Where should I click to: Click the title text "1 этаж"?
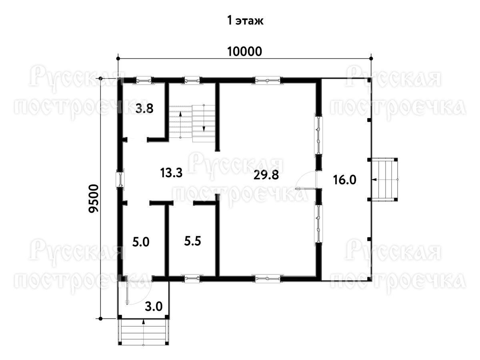coord(245,21)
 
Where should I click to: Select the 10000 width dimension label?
coord(244,52)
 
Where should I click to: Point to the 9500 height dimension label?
coord(94,198)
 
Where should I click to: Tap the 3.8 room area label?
coord(144,109)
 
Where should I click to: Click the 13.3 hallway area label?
coord(171,173)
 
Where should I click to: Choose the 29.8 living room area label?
coord(266,175)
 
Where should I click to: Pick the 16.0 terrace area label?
coord(345,180)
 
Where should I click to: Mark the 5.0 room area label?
coord(141,242)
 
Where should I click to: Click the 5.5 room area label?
coord(192,241)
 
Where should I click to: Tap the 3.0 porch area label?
coord(154,306)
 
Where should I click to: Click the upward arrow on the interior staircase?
coord(180,124)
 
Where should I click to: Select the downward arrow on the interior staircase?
coord(204,118)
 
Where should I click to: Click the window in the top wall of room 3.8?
coord(144,81)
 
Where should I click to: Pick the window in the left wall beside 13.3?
coord(120,180)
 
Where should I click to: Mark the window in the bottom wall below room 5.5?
coord(192,278)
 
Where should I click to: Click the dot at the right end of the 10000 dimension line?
coord(371,58)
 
